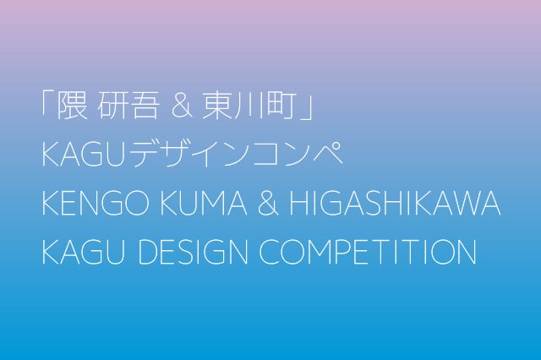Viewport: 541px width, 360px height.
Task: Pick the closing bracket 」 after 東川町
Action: pos(305,111)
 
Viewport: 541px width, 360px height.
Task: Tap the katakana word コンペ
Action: pos(299,157)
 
